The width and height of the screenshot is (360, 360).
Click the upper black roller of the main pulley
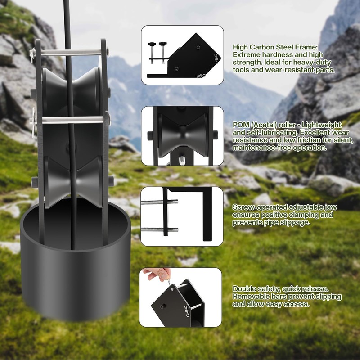(x=72, y=91)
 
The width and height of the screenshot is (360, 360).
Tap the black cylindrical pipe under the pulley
(x=76, y=260)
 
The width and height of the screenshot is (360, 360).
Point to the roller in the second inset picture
(x=183, y=136)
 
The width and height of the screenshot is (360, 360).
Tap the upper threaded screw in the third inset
(x=159, y=202)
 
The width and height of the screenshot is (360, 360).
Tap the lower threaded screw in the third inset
(x=159, y=229)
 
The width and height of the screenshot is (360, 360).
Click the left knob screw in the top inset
(x=152, y=52)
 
